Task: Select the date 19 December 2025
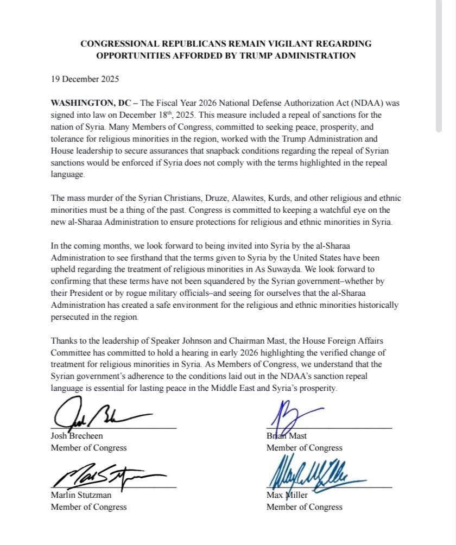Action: pos(85,79)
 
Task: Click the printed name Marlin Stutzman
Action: pos(81,496)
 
